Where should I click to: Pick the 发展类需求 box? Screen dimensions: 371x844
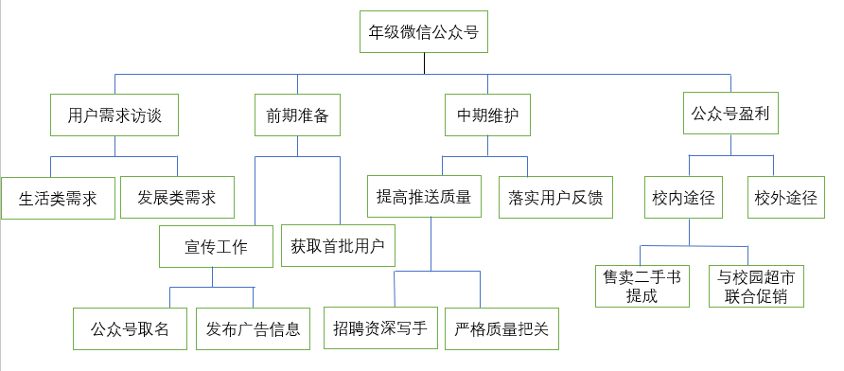(x=177, y=198)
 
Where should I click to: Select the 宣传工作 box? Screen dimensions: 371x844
(x=215, y=247)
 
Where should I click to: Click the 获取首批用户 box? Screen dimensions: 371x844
(x=338, y=246)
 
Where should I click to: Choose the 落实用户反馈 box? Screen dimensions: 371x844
(x=554, y=198)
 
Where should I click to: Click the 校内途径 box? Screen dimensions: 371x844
(x=688, y=198)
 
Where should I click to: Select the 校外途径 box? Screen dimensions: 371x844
(x=784, y=198)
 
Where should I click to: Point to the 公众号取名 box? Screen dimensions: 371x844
(x=130, y=329)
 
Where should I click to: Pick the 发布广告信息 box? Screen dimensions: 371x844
(x=253, y=329)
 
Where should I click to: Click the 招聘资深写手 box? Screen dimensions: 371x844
(x=380, y=329)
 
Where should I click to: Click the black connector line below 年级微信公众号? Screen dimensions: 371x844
(x=424, y=62)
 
